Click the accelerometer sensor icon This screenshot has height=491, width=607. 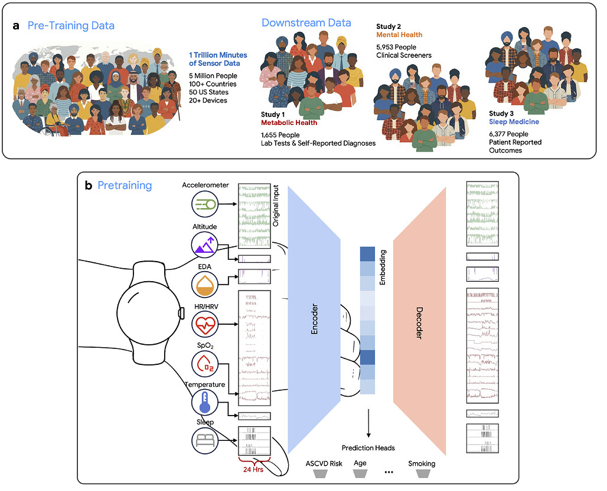tap(205, 204)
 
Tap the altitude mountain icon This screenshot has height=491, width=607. tap(205, 245)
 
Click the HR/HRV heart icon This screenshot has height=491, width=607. tap(205, 325)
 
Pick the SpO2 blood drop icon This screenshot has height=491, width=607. tap(205, 364)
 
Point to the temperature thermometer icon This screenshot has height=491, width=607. tap(205, 403)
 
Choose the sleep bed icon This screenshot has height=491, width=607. tap(205, 441)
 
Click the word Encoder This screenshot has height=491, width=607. tap(314, 319)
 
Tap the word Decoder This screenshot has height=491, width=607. tap(419, 323)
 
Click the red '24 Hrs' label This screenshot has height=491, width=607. tap(253, 469)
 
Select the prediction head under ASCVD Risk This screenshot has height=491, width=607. tap(321, 474)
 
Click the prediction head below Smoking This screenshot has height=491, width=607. tap(423, 474)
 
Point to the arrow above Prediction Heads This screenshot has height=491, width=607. tap(368, 423)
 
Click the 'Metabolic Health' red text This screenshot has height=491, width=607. tap(289, 123)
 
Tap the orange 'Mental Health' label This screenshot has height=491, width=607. tap(399, 35)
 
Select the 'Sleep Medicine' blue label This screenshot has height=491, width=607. tap(514, 121)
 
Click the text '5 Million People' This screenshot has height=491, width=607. tap(213, 75)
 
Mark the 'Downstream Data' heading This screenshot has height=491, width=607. tap(306, 23)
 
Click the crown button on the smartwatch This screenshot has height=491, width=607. tap(181, 314)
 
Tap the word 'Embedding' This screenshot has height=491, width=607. tap(383, 268)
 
